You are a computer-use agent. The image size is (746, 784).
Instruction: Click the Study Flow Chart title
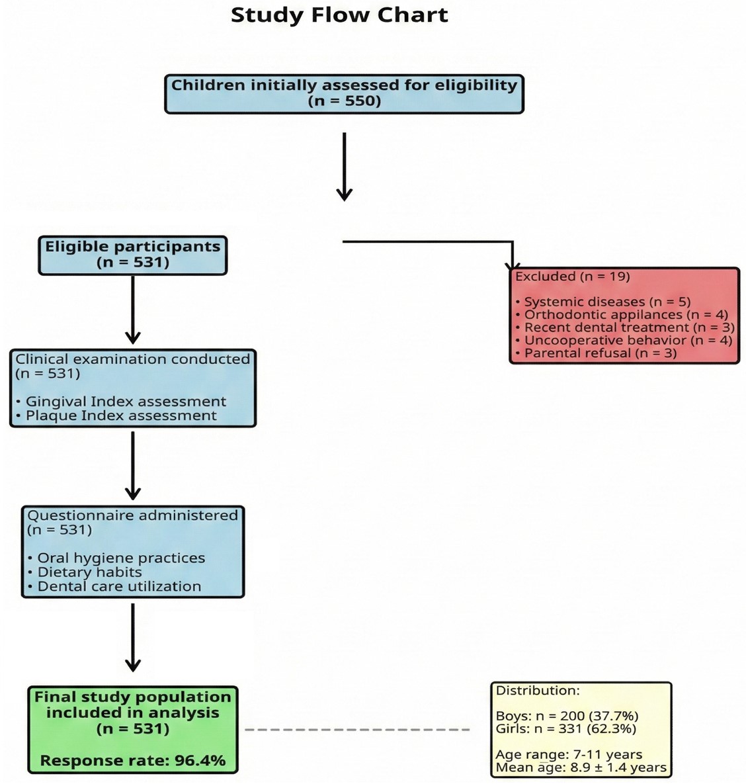(339, 15)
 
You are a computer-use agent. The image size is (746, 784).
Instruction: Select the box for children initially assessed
(344, 93)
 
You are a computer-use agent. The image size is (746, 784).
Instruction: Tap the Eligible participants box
(133, 255)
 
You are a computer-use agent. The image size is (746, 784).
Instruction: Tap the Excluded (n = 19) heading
(572, 277)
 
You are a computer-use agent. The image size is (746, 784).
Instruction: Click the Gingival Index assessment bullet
(126, 402)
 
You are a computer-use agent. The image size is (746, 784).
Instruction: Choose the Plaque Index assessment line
(121, 415)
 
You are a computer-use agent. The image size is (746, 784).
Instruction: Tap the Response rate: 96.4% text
(133, 761)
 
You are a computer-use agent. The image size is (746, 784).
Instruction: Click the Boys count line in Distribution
(567, 716)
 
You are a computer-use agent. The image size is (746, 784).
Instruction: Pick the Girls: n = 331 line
(565, 729)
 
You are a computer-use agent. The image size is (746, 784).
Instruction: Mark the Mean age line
(581, 768)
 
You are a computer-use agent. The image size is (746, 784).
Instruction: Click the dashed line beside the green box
(357, 730)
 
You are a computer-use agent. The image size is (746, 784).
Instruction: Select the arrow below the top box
(344, 165)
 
